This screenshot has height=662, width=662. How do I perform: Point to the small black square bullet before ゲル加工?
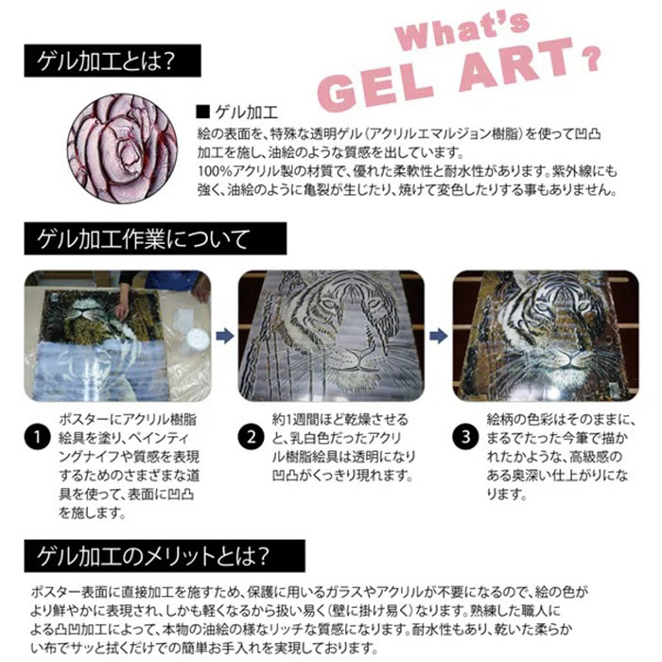[x=201, y=112]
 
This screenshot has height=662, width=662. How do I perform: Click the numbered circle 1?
[x=36, y=438]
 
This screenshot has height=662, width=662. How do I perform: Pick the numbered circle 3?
[x=466, y=438]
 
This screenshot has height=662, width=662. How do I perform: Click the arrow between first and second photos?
[x=225, y=334]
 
